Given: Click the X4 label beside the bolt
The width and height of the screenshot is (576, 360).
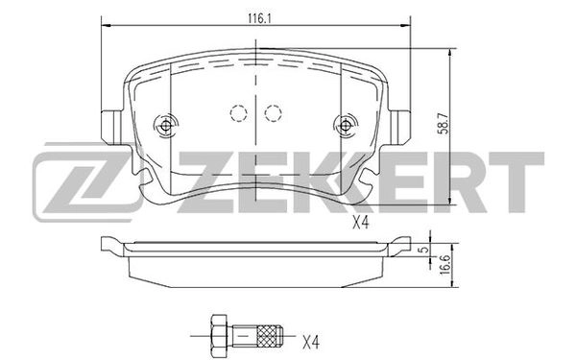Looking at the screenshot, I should click(311, 340).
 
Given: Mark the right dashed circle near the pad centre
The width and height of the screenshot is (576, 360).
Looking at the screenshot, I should click(273, 112).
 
